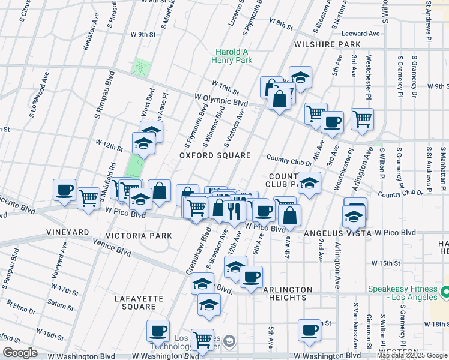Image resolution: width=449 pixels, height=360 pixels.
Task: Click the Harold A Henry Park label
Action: (232, 56)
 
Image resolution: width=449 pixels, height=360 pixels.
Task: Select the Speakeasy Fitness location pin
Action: (445, 292)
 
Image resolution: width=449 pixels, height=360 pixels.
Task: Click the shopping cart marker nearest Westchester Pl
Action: (362, 119)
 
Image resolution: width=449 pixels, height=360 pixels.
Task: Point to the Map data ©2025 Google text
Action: (412, 356)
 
